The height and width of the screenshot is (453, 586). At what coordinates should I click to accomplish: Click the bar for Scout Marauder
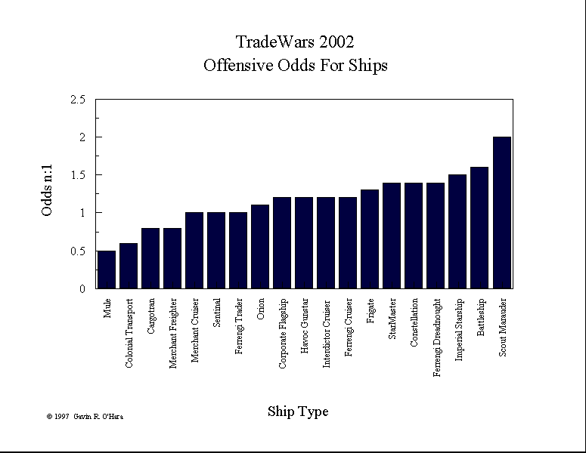pos(502,213)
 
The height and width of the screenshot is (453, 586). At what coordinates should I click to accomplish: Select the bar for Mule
pos(107,270)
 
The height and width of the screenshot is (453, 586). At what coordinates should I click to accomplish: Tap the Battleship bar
pos(480,228)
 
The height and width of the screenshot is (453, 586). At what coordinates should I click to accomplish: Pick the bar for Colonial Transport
pos(129,266)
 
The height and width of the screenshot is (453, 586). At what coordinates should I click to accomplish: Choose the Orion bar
pos(260,247)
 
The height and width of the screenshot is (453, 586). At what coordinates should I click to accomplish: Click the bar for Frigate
pos(371,239)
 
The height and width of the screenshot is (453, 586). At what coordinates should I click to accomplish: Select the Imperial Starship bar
pos(458,232)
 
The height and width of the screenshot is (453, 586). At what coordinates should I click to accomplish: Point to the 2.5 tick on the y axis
pos(76,100)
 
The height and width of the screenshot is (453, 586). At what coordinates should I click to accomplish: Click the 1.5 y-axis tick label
pos(76,175)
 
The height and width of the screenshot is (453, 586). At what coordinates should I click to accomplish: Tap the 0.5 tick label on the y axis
pos(76,251)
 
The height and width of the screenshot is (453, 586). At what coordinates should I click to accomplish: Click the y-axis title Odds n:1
pos(47,193)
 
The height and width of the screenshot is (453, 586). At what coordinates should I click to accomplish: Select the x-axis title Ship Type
pos(298,411)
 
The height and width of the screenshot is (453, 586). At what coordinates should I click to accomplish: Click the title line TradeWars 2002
pos(295,42)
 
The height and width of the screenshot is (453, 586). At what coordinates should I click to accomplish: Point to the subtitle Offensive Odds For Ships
pos(296,66)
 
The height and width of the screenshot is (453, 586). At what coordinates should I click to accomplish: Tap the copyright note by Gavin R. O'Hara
pos(84,416)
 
